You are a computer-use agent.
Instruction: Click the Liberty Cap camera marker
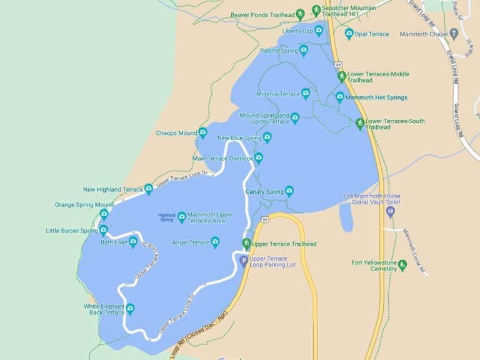[x=319, y=31]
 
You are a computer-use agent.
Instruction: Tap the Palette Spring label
[x=279, y=51]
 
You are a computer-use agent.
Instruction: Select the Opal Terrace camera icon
[x=349, y=34]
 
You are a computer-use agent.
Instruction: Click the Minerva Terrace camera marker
[x=306, y=94]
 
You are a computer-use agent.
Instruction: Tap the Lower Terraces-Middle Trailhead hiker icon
[x=342, y=77]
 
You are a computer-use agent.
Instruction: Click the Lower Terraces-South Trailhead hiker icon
[x=360, y=123]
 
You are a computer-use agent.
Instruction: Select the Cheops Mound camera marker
[x=202, y=132]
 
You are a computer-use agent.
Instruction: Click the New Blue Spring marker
[x=267, y=137]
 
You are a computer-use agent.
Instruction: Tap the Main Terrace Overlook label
[x=222, y=158]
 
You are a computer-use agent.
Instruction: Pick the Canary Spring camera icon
[x=289, y=191]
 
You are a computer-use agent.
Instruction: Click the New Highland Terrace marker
[x=149, y=189]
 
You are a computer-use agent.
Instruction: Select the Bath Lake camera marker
[x=133, y=242]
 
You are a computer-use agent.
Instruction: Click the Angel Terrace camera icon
[x=215, y=242]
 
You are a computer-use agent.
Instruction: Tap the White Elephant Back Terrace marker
[x=130, y=308]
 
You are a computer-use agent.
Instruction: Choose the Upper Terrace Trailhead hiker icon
[x=247, y=244]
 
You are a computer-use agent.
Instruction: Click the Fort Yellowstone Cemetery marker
[x=402, y=266]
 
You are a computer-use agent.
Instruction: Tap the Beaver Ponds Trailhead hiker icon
[x=300, y=14]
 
